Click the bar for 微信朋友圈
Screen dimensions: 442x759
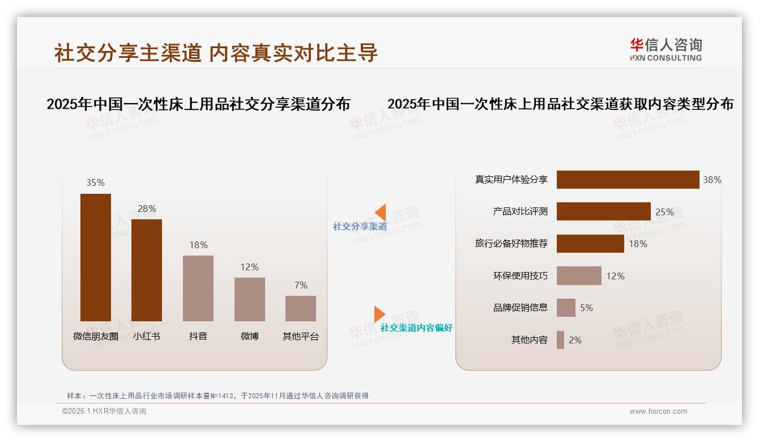point(96,257)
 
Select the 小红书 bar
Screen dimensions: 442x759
point(147,270)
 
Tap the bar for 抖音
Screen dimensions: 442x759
point(198,288)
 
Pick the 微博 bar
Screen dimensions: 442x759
point(250,299)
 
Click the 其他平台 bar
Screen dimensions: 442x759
point(301,308)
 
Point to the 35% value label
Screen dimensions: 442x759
point(95,182)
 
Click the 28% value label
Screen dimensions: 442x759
point(147,209)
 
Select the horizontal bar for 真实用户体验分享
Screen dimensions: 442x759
point(628,180)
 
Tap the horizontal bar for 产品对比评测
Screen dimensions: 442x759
point(603,211)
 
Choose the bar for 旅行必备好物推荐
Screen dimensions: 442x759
point(590,244)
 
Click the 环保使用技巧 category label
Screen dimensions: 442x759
point(520,276)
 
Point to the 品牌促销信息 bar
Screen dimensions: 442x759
point(566,308)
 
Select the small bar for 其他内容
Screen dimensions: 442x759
point(560,340)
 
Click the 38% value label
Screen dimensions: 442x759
point(712,180)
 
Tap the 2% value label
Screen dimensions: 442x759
point(575,340)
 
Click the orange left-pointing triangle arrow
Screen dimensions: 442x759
point(381,212)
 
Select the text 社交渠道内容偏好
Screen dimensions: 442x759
point(416,328)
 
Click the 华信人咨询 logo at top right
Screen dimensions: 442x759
point(666,49)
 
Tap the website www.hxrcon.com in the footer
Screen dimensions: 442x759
point(658,411)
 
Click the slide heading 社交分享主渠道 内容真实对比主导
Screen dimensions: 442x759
point(216,53)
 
